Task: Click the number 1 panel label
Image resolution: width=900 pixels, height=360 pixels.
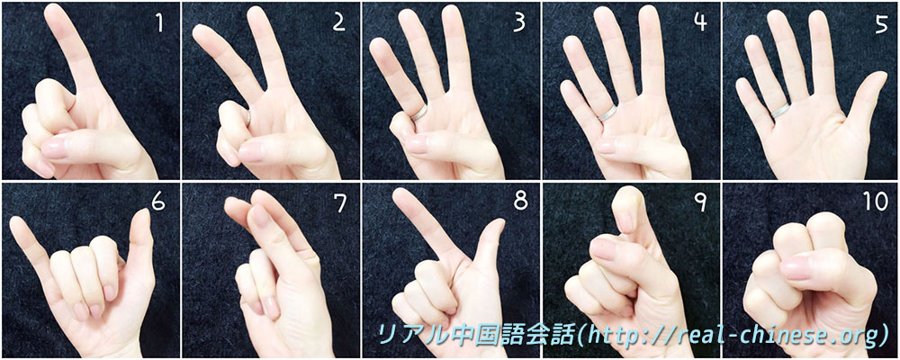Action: pos(159,22)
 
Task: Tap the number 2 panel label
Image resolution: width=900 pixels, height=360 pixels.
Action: pos(338,22)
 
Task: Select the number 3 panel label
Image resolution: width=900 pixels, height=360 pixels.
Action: pos(519,22)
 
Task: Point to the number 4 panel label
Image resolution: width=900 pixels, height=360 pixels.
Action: pos(699,22)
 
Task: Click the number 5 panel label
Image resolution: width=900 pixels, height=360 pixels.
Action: pos(881,23)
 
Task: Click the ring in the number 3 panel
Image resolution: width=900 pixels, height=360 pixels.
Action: pos(418,112)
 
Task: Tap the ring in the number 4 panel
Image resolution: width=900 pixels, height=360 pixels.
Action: pos(607,112)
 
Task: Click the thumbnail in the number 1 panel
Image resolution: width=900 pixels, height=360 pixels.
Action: pos(55,148)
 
